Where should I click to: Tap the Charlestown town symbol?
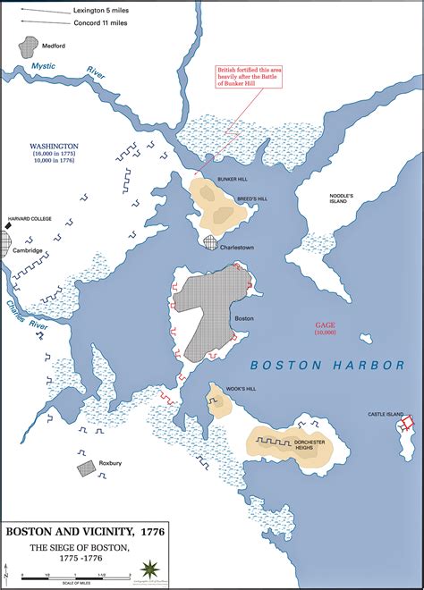(x=210, y=242)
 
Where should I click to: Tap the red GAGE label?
(x=324, y=326)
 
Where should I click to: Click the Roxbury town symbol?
(x=86, y=467)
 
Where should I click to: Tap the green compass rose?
(x=148, y=569)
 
